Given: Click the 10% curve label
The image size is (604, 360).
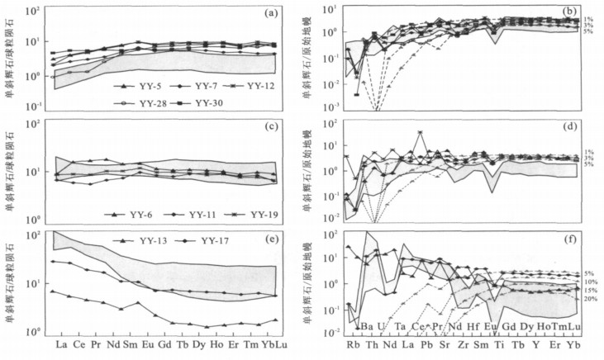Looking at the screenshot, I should [x=589, y=282].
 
